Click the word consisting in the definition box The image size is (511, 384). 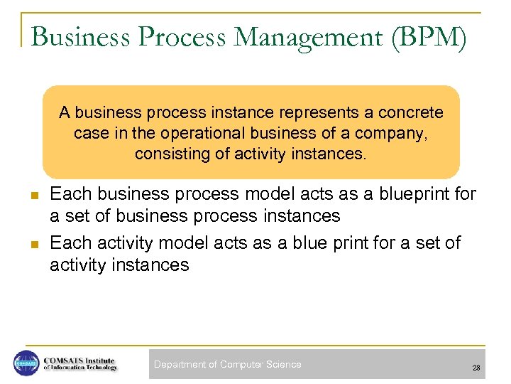[167, 154]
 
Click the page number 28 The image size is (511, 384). [476, 368]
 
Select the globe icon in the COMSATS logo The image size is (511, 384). [26, 363]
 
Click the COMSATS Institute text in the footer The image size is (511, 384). [78, 359]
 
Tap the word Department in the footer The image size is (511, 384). [179, 364]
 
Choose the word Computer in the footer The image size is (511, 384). [241, 364]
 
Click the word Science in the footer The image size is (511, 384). [283, 364]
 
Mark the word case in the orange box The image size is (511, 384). [89, 133]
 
